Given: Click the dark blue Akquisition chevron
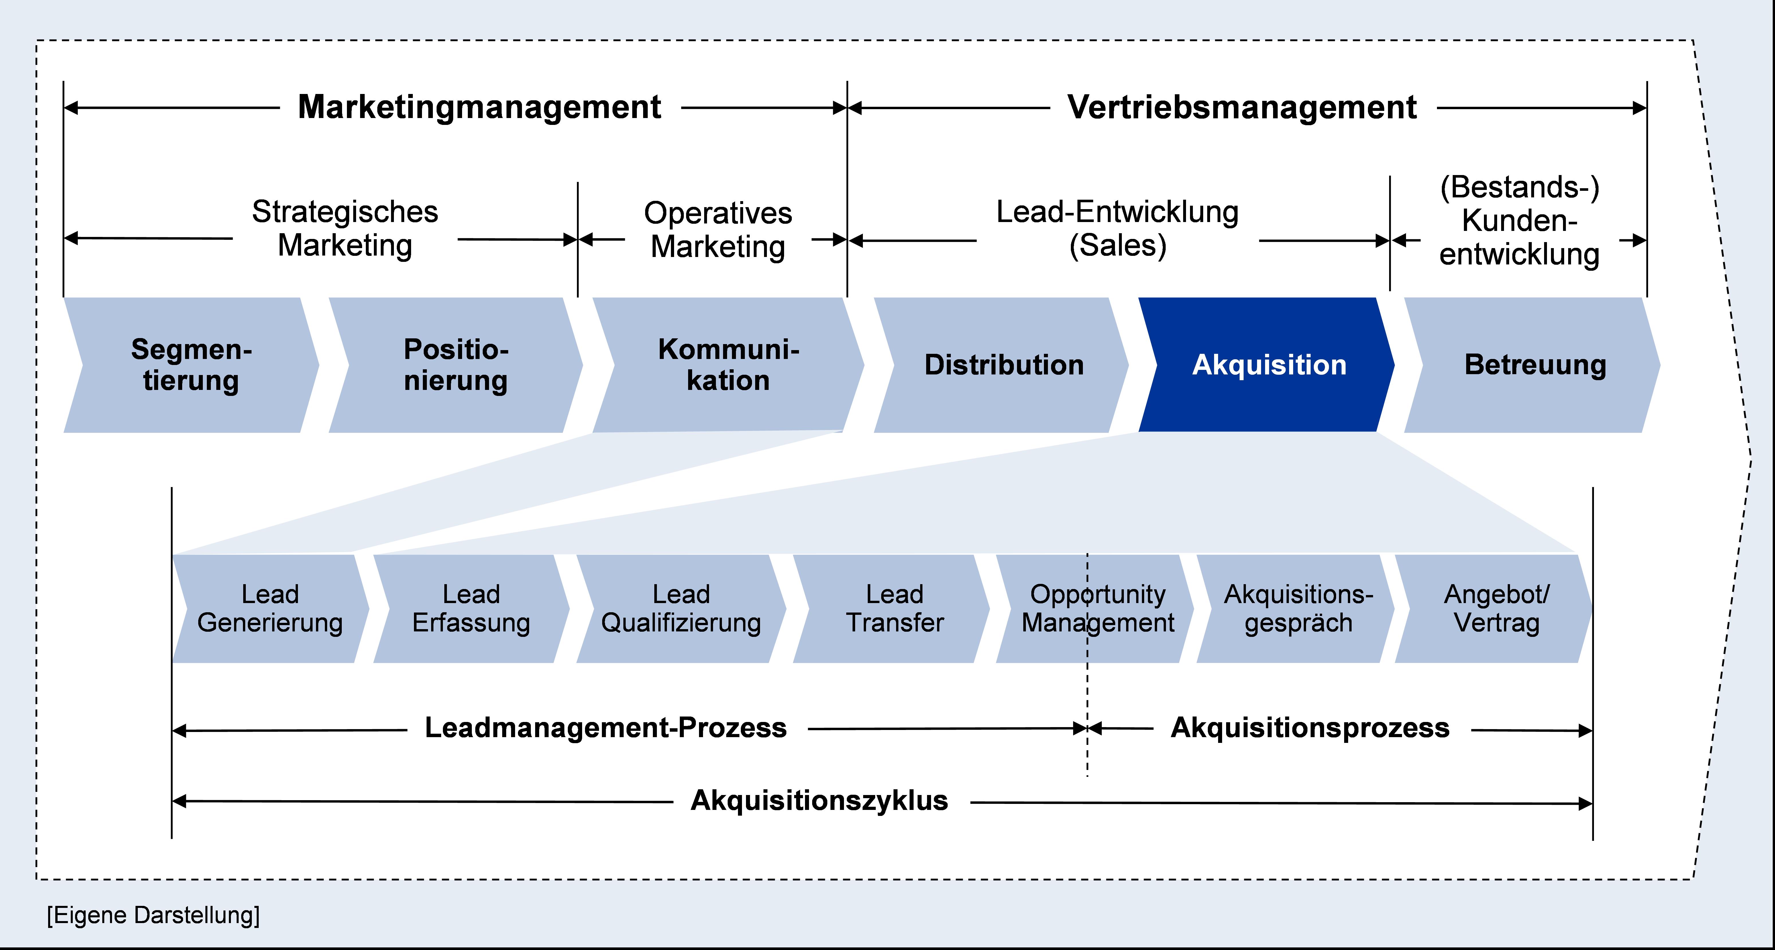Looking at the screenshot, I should click(1268, 365).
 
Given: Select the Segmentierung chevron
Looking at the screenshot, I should click(192, 365).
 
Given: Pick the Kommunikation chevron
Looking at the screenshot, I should click(728, 365).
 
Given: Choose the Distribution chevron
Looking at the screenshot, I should click(1003, 365).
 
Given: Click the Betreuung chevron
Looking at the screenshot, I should click(1535, 365).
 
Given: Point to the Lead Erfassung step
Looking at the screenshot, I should click(471, 608).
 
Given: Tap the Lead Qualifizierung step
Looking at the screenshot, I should click(681, 608).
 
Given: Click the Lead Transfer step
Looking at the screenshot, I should click(894, 608).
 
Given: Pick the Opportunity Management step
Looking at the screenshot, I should click(1097, 608).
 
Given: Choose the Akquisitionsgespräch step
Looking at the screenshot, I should click(1298, 608).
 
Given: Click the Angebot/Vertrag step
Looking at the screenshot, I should click(1496, 608).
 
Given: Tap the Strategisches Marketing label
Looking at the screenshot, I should click(345, 228).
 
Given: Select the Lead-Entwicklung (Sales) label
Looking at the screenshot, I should click(1117, 228).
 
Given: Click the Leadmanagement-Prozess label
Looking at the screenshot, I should click(606, 728).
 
